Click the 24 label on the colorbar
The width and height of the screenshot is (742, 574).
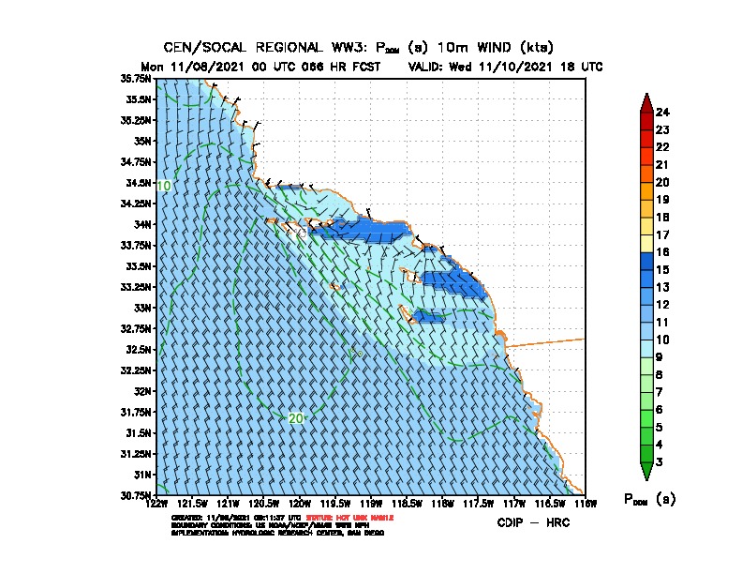662,113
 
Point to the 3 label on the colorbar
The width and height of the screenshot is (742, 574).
662,461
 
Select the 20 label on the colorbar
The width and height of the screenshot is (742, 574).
662,182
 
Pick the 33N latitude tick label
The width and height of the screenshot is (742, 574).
142,308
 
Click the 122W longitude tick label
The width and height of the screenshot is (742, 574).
157,504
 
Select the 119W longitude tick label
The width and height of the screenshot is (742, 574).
371,504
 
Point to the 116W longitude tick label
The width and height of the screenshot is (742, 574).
585,504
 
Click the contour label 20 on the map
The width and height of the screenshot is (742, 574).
295,418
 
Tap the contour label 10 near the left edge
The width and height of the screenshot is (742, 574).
163,187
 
